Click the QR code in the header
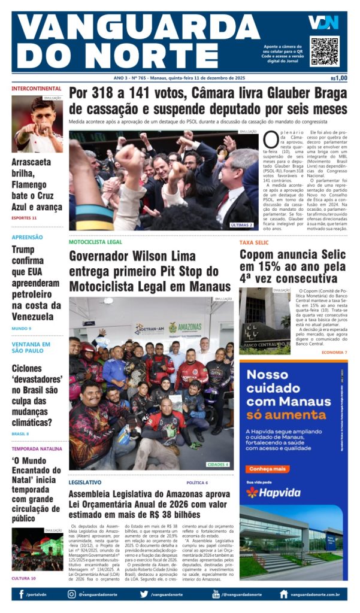point(325,51)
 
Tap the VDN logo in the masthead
point(323,23)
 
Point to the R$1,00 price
point(339,78)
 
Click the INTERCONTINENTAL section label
point(36,89)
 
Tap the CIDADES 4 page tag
point(218,464)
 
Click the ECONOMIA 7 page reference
point(334,353)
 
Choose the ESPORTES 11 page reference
point(24,218)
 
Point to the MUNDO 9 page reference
point(22,328)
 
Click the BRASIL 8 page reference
point(20,433)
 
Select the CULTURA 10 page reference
point(24,578)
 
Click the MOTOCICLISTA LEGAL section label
point(95,242)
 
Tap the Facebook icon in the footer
point(21,594)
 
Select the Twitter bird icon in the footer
point(144,594)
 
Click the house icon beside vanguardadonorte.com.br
point(283,594)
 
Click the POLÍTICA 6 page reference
point(197,482)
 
